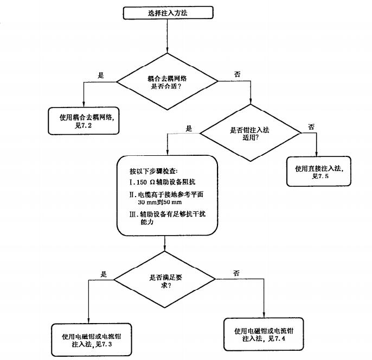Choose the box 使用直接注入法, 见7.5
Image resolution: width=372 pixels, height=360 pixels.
[319, 172]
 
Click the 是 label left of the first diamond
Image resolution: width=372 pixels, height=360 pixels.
[100, 75]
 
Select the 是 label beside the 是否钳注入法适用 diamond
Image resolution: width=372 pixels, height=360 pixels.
[189, 129]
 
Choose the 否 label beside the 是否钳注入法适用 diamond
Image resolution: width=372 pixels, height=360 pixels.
[311, 127]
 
